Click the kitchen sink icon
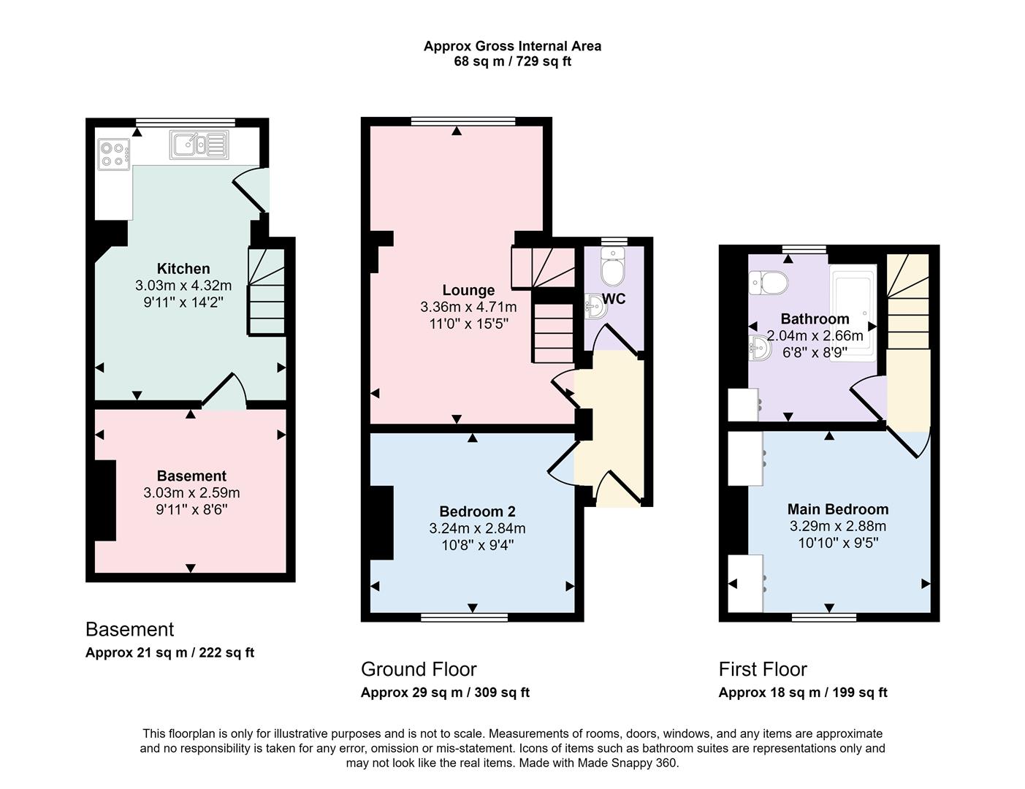[199, 144]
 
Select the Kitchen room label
[183, 268]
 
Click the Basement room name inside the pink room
[191, 476]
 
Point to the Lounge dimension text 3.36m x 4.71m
[468, 307]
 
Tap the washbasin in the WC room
[595, 307]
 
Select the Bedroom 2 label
[477, 511]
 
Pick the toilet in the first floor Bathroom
[769, 282]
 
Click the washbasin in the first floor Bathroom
[760, 348]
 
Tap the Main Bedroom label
[838, 509]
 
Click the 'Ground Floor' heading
[419, 669]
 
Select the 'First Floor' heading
[763, 669]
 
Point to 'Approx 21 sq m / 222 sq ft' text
[169, 652]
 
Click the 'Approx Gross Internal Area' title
[512, 46]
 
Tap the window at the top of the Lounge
[463, 121]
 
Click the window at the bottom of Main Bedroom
[824, 618]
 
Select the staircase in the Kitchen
[267, 292]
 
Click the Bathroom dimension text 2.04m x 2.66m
[815, 336]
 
